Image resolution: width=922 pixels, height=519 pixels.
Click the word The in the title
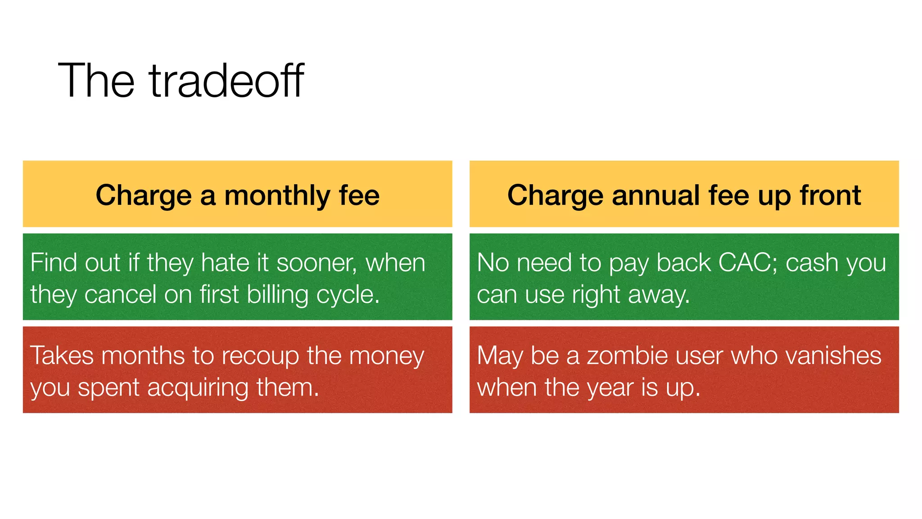point(96,81)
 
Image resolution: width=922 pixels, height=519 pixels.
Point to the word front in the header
point(830,196)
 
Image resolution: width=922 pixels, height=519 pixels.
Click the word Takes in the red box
point(62,355)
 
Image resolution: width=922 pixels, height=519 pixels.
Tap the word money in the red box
point(387,356)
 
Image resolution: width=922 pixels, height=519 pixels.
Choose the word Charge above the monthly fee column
point(144,196)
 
